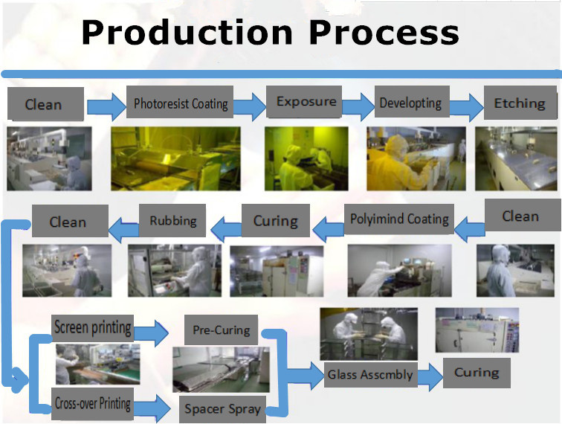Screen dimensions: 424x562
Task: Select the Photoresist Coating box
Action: click(181, 103)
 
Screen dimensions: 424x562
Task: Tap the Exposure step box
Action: click(306, 102)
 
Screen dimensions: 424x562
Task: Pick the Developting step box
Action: click(410, 103)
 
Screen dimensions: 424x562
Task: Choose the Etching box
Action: click(519, 103)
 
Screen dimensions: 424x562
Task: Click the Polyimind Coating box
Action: click(399, 219)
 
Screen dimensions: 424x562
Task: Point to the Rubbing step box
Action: click(172, 221)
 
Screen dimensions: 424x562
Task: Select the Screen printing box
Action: click(93, 327)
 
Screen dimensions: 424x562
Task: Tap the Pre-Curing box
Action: click(221, 330)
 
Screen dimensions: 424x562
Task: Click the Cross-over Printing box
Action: click(93, 404)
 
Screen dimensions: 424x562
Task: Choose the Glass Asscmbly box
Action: click(370, 375)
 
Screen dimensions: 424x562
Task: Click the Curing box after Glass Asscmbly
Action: click(477, 373)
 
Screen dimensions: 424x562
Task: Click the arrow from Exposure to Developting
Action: click(357, 106)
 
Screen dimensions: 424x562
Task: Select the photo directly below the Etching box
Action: click(515, 158)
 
